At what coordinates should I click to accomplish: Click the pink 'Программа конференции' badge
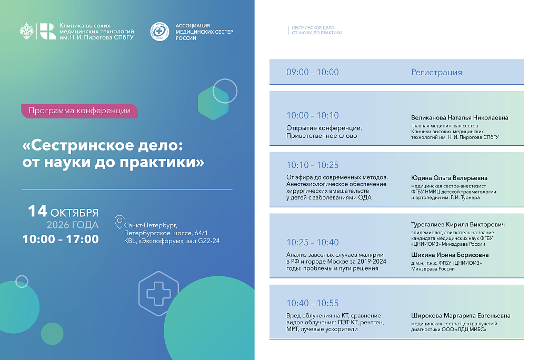79,111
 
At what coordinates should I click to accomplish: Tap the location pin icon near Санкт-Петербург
119,222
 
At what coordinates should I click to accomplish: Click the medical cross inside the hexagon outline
158,294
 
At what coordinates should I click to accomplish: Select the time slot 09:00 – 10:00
313,72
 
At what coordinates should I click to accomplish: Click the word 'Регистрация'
436,72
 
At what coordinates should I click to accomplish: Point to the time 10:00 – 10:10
313,116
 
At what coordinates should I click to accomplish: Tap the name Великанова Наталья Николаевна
460,117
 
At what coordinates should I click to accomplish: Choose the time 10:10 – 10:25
313,165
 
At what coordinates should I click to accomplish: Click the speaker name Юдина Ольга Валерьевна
450,178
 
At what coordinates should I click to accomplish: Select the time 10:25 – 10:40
313,243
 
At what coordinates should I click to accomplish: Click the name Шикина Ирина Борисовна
450,255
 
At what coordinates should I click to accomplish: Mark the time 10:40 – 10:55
313,303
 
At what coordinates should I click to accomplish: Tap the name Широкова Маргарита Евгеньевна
461,316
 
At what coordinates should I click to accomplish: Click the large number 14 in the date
37,211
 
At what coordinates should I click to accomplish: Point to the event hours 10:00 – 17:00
61,239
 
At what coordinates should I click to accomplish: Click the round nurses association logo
159,32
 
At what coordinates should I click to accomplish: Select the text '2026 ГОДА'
73,225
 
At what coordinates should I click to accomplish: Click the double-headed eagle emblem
26,31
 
